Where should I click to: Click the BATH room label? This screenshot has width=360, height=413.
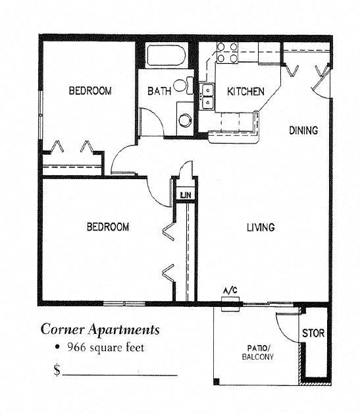(159, 92)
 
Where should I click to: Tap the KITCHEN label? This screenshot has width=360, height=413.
(246, 92)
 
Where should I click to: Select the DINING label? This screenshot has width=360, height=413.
(303, 130)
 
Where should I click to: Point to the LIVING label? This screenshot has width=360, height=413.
(261, 227)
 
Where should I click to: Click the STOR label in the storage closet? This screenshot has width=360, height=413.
(313, 334)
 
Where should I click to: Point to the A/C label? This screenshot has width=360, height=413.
(230, 290)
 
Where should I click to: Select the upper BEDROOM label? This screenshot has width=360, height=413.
(90, 91)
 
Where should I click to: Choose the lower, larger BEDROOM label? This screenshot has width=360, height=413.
(108, 227)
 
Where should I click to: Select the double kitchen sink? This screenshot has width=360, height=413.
(207, 96)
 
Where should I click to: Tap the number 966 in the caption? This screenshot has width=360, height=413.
(76, 347)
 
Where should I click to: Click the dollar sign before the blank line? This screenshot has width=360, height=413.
(57, 370)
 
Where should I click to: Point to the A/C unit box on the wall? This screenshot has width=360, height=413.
(230, 303)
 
